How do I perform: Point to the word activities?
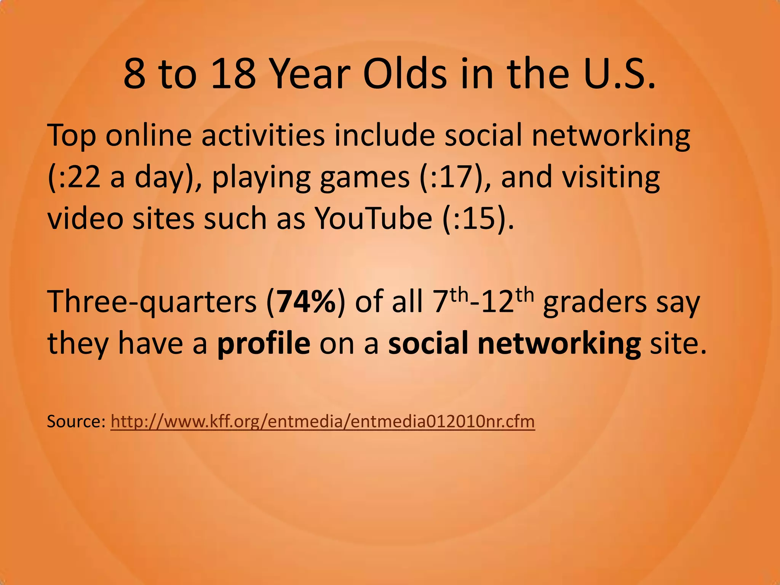[x=263, y=136]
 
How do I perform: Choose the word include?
[x=385, y=136]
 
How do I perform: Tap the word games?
[x=364, y=178]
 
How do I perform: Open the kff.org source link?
[x=323, y=422]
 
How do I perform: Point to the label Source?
[x=76, y=422]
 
